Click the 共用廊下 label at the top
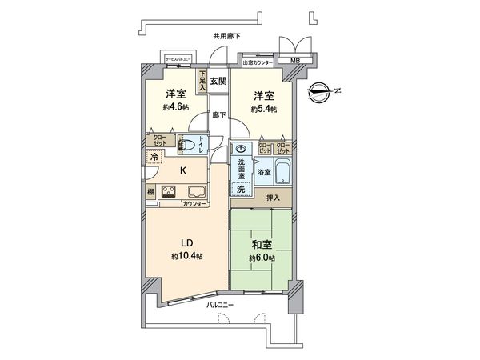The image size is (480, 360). pyautogui.click(x=226, y=36)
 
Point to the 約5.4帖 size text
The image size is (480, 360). pyautogui.click(x=263, y=109)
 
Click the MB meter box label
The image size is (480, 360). pyautogui.click(x=294, y=62)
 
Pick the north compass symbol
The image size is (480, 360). pyautogui.click(x=322, y=91)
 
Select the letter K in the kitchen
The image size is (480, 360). pyautogui.click(x=182, y=170)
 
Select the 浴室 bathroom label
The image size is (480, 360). pyautogui.click(x=264, y=172)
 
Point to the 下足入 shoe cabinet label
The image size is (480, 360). pyautogui.click(x=202, y=81)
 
